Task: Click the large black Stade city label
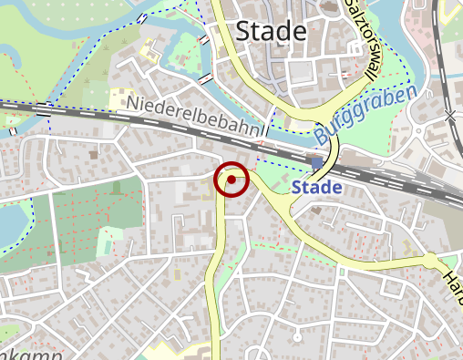(x=271, y=31)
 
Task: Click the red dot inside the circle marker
(x=231, y=180)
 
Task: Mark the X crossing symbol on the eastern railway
(x=449, y=116)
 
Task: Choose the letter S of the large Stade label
(x=243, y=32)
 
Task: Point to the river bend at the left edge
(x=11, y=228)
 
